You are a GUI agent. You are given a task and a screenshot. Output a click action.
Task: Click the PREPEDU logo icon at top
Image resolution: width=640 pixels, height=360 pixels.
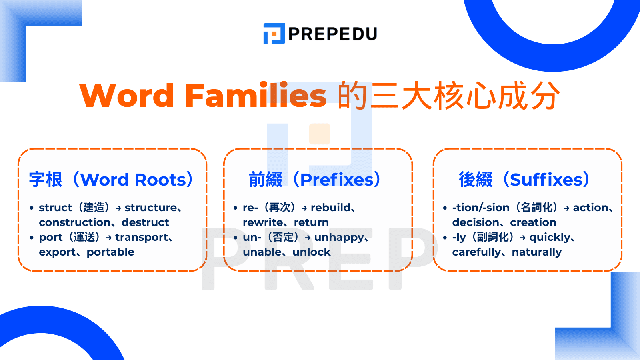tap(274, 34)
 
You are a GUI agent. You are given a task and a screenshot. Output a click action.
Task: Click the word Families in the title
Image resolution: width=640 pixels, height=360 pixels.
tap(256, 96)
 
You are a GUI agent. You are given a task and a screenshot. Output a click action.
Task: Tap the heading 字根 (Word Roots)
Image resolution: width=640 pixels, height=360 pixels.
tap(111, 180)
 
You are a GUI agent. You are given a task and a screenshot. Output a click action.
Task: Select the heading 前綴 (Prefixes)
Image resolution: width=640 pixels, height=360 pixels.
tap(315, 180)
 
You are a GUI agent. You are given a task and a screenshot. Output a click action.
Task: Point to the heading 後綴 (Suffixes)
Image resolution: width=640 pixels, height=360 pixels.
tap(524, 180)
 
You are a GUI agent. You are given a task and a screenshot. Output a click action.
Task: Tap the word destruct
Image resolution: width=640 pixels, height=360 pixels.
tap(145, 222)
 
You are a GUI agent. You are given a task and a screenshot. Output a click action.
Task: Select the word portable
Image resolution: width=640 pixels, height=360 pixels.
tap(110, 252)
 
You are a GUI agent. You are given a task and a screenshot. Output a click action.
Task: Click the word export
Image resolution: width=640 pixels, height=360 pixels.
tap(57, 252)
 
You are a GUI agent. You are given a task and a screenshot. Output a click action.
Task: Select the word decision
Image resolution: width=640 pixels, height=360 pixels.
tap(476, 222)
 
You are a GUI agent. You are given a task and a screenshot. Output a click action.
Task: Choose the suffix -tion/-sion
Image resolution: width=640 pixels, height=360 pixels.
tap(481, 208)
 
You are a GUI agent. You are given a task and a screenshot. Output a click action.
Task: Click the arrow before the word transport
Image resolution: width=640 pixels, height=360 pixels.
tap(109, 238)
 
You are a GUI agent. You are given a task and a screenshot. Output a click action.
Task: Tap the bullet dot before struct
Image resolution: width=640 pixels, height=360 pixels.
tap(32, 208)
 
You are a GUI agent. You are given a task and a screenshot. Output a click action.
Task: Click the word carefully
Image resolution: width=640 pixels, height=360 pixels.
tap(476, 252)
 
